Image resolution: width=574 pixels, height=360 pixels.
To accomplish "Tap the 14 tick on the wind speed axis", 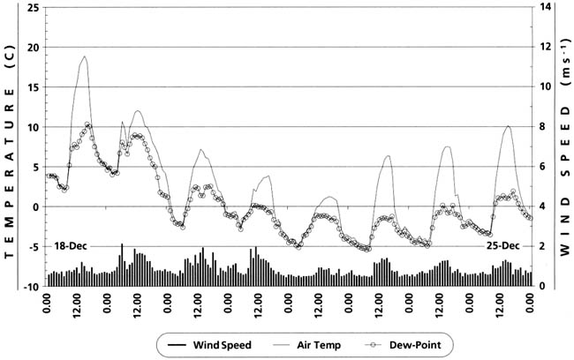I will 545,7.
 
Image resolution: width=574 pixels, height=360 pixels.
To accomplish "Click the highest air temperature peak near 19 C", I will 85,56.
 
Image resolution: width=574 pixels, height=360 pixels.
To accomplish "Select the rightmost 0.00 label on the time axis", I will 530,308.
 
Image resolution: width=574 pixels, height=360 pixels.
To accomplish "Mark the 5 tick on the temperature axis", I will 35,168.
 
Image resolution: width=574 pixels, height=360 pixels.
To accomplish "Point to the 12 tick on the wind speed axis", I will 545,47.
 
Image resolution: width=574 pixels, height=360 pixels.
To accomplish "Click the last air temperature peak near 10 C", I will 508,126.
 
